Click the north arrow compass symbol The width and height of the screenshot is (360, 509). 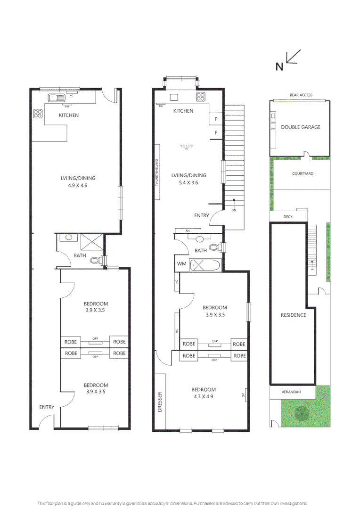293,57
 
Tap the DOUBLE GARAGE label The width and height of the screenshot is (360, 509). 300,127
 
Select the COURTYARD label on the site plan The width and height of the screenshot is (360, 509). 303,174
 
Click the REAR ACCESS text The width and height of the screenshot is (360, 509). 301,95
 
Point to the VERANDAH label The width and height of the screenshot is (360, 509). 292,392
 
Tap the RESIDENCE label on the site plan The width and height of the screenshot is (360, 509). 293,315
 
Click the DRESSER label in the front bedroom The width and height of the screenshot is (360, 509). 160,402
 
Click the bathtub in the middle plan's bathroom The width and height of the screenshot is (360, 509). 205,265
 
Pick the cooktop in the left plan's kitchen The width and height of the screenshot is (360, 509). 38,114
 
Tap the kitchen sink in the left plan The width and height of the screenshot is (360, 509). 56,98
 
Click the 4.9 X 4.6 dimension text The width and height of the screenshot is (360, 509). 78,186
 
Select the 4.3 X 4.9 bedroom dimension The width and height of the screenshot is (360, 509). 204,396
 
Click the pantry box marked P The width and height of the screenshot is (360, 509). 216,119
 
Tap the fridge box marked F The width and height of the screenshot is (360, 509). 216,133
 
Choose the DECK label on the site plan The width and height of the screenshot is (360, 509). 287,217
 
